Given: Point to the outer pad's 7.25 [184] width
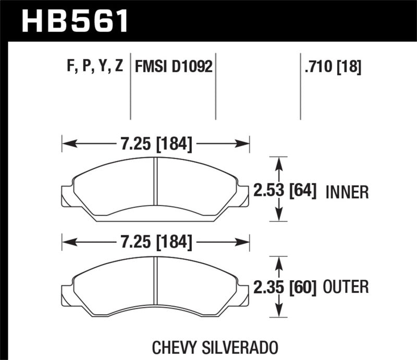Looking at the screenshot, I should [156, 242].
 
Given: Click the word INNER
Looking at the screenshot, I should [347, 192].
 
